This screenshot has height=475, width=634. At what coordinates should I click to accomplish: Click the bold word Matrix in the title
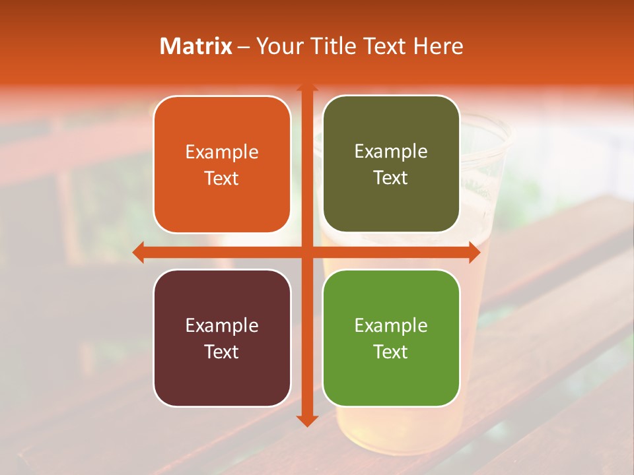click(196, 46)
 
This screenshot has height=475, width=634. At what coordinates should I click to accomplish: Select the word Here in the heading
click(438, 46)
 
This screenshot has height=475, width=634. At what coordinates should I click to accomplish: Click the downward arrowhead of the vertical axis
click(306, 421)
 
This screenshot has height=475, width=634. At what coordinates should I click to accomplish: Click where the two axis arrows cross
click(306, 252)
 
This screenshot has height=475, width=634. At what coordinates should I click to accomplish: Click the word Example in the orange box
click(222, 152)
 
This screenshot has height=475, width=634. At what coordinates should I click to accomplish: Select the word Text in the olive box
click(391, 178)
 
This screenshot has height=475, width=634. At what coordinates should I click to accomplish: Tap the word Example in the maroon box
click(222, 325)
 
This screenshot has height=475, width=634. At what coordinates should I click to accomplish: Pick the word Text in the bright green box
click(391, 352)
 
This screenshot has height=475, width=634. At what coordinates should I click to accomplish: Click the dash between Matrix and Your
click(244, 47)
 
